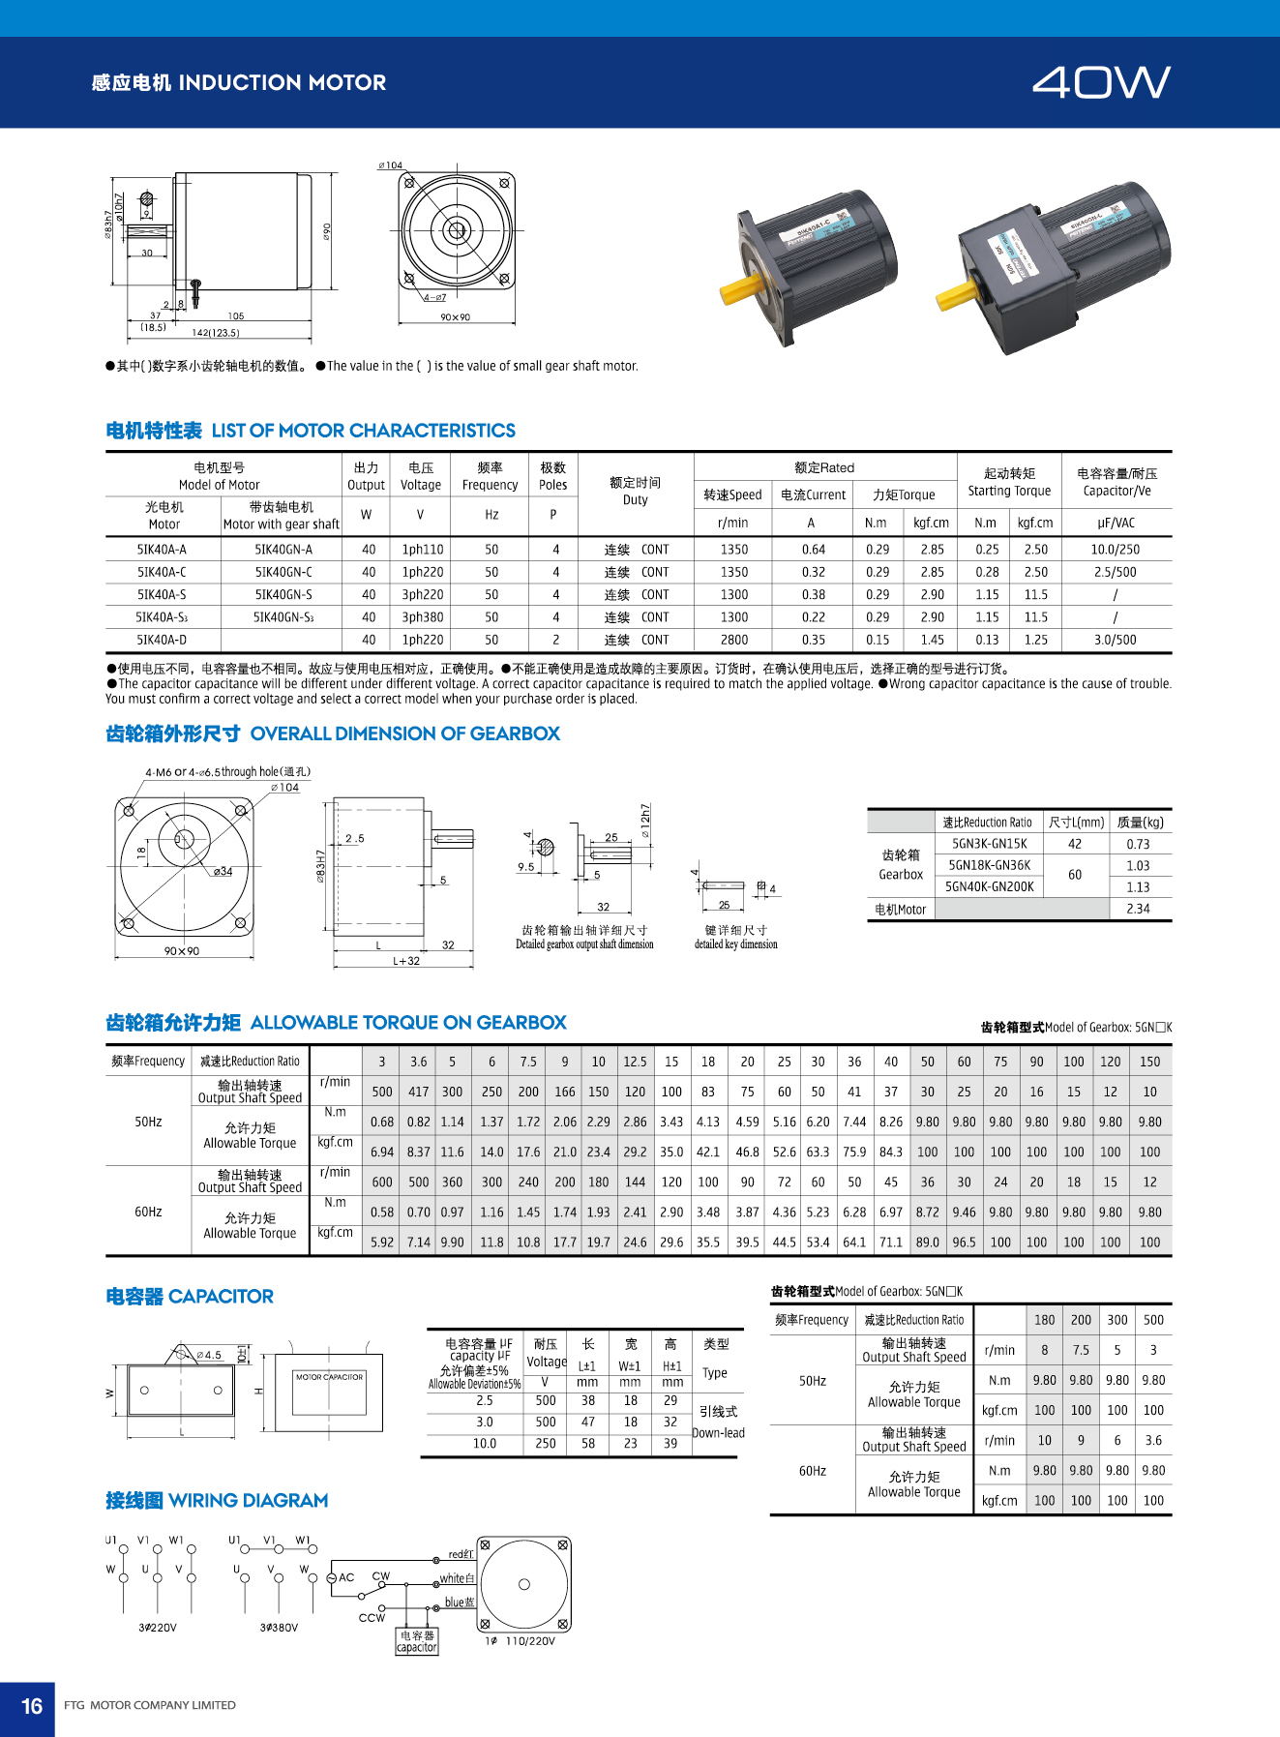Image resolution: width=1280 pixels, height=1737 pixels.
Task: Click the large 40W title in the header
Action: [x=1100, y=82]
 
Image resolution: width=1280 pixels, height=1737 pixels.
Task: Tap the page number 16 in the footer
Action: [x=32, y=1705]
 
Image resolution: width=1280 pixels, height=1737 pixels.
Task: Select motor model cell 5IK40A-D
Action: [x=162, y=640]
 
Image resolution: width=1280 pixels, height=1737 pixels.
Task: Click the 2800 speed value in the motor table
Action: [x=733, y=640]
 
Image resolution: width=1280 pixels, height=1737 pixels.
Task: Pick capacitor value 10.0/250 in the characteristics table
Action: [x=1115, y=549]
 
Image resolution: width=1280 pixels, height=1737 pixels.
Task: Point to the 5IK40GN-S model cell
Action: [x=283, y=594]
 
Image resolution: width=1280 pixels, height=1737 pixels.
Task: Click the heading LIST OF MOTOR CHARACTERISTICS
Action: [x=363, y=431]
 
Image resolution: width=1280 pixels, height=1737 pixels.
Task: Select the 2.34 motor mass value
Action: [x=1138, y=909]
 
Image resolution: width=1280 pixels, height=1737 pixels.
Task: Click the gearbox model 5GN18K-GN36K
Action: [x=989, y=865]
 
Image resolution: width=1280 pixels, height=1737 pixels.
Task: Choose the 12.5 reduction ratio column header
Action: [x=635, y=1062]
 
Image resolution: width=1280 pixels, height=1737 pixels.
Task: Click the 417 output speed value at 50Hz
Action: [x=418, y=1092]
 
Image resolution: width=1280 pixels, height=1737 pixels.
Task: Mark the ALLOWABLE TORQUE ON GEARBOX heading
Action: [x=407, y=1023]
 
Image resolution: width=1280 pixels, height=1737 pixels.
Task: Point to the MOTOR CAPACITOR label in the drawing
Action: [x=329, y=1376]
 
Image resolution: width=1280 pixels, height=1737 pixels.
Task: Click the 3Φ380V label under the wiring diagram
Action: [x=279, y=1628]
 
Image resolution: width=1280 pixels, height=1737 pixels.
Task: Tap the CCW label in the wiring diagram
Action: [x=372, y=1618]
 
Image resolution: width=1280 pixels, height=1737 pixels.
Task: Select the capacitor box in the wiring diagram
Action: [x=417, y=1641]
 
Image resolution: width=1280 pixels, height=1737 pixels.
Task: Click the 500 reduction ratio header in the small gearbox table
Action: [x=1153, y=1320]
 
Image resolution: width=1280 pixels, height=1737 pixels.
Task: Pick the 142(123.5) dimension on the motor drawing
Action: [x=215, y=333]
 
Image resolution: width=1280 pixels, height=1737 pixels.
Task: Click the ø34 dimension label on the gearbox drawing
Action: [x=223, y=871]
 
